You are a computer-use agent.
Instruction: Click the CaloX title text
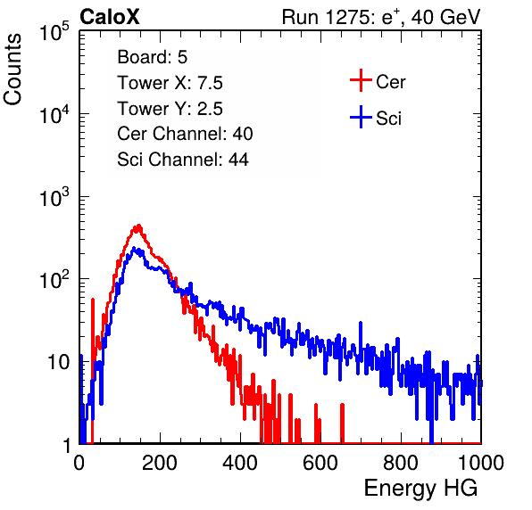coord(110,17)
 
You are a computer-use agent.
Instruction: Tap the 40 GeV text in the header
coord(445,17)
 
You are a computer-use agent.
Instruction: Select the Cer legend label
coord(390,82)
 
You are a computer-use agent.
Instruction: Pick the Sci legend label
coord(388,119)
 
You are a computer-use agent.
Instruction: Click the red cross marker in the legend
coord(361,80)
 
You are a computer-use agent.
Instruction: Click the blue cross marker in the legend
coord(361,117)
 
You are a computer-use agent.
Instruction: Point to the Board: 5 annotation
coord(153,57)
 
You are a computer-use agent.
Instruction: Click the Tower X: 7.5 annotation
coord(170,83)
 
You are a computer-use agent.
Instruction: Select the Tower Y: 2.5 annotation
coord(170,109)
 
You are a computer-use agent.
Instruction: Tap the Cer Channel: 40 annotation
coord(185,134)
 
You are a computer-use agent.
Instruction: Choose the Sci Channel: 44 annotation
coord(183,160)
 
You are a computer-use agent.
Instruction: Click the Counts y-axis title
coord(12,70)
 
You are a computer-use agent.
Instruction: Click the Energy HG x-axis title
coord(420,489)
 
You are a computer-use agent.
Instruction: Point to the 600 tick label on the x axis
coord(320,463)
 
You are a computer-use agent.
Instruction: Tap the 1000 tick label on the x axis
coord(481,463)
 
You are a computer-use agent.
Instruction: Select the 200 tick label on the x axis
coord(160,463)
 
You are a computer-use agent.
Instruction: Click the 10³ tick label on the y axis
coord(54,196)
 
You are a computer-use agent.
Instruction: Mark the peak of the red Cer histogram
coord(138,225)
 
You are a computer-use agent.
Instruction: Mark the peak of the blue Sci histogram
coord(134,248)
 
